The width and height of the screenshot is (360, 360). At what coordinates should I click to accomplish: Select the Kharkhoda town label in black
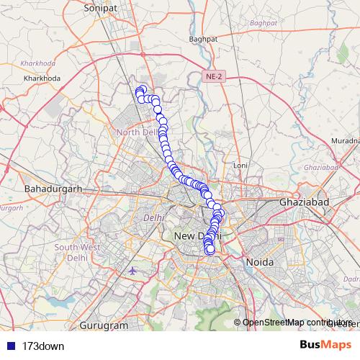(x=41, y=77)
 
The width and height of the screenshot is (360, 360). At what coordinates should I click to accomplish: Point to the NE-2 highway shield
(x=213, y=76)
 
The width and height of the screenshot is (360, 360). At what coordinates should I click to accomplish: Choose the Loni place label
(x=240, y=166)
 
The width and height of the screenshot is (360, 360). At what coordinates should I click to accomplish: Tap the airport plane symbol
(x=135, y=271)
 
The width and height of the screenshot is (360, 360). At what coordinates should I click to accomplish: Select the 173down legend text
(x=43, y=346)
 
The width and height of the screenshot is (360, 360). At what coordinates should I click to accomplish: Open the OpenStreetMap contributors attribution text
(x=297, y=322)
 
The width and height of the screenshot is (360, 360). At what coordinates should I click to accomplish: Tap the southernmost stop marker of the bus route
(x=210, y=251)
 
